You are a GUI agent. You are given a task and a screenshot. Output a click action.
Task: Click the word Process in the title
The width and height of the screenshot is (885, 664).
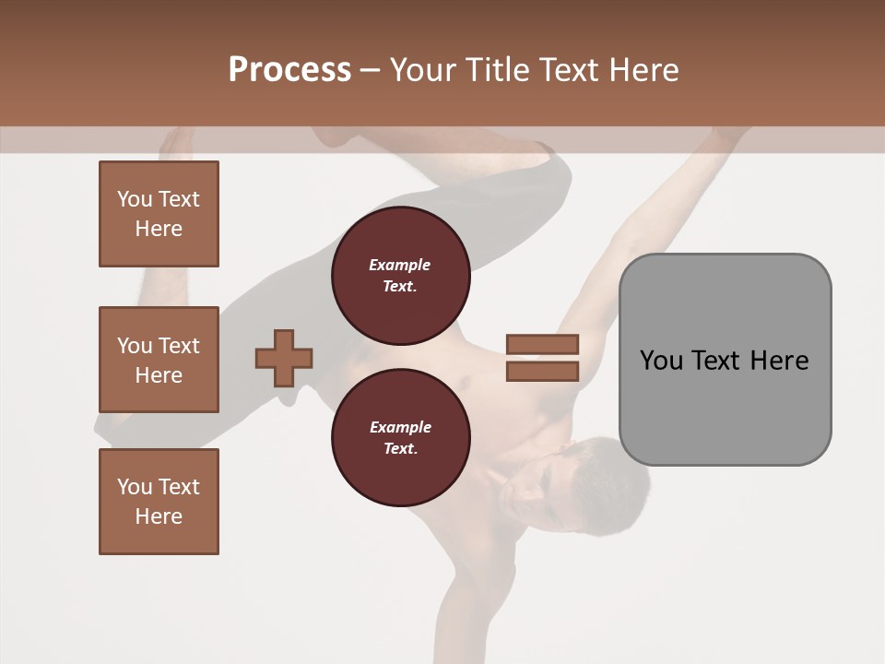[x=289, y=69]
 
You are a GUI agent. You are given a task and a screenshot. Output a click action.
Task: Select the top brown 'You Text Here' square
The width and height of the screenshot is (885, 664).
[x=159, y=214]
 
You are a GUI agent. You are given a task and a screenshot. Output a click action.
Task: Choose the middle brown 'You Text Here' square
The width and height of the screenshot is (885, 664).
[x=159, y=360]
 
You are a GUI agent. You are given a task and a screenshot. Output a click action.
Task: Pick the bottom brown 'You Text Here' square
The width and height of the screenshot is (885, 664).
[x=159, y=502]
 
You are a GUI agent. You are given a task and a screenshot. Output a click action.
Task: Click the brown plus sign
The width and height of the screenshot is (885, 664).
[x=284, y=358]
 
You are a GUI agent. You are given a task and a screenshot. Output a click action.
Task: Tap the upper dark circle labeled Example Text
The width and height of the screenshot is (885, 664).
[x=400, y=275]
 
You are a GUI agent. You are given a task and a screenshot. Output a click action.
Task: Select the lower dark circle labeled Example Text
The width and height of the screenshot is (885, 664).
[x=400, y=437]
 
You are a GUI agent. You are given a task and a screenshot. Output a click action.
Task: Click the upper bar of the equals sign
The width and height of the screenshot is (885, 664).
[x=542, y=344]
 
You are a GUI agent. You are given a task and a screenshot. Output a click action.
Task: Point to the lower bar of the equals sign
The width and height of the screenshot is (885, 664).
[x=542, y=371]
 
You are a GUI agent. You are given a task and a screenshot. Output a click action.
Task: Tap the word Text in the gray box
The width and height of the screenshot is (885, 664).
[x=717, y=361]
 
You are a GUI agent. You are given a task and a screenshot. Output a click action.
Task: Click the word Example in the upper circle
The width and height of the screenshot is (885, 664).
[x=400, y=265]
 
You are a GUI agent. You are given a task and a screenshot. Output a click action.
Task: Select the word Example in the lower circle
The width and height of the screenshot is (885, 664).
[x=400, y=427]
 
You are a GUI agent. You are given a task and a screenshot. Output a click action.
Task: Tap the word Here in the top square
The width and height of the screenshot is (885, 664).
[x=159, y=229]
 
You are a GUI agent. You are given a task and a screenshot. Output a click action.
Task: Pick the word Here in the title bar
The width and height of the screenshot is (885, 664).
[x=644, y=69]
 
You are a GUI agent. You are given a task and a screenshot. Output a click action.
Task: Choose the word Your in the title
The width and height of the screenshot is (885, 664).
[x=424, y=69]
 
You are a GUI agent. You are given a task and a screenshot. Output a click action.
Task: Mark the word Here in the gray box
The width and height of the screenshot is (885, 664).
[x=779, y=361]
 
